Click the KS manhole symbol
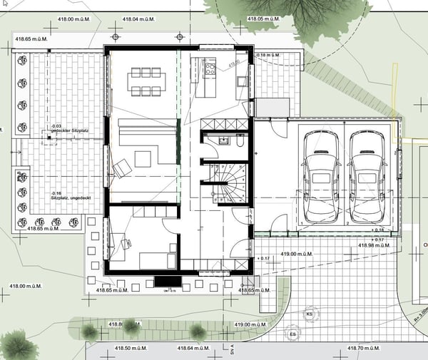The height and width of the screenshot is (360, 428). pyautogui.click(x=310, y=314)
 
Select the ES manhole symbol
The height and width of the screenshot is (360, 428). pyautogui.click(x=292, y=333)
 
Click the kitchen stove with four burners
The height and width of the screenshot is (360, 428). pyautogui.click(x=210, y=69)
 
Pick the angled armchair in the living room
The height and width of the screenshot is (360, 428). pyautogui.click(x=121, y=168)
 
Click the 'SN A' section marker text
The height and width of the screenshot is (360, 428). pyautogui.click(x=233, y=349)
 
